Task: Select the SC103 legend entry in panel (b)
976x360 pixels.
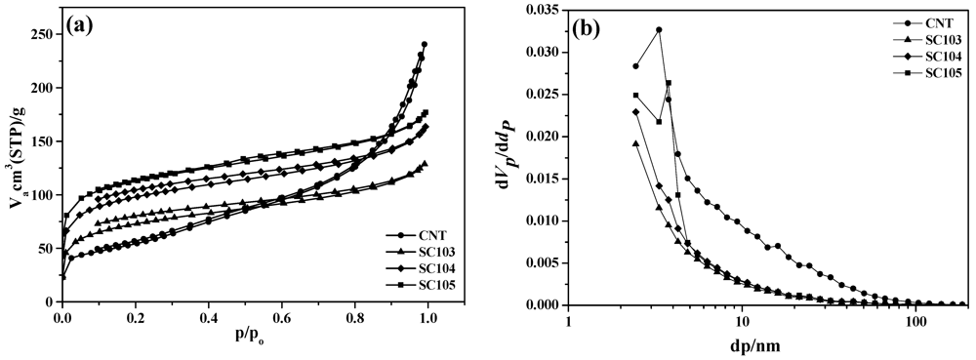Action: pos(937,40)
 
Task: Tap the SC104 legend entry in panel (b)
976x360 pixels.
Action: pos(937,57)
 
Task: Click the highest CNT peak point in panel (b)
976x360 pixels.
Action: pos(659,29)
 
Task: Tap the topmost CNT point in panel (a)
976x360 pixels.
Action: pos(425,44)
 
